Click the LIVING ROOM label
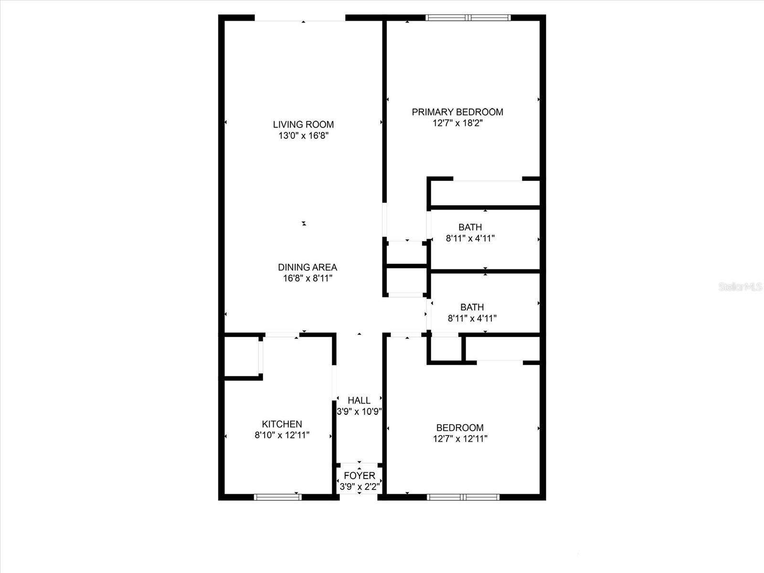[303, 125]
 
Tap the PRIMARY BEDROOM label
[457, 112]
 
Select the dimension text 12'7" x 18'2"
[457, 123]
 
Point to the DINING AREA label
[308, 267]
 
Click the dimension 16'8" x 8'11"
[308, 278]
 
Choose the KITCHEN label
[282, 424]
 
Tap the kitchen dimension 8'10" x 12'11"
[282, 435]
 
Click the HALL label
[359, 401]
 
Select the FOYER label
[360, 476]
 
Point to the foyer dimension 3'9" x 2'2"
[360, 487]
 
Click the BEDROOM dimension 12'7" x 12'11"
[460, 439]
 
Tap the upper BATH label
[470, 227]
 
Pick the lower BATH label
[472, 307]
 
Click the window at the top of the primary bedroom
[468, 18]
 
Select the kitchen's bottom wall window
[278, 497]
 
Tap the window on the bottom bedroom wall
[463, 497]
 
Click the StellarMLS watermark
[740, 287]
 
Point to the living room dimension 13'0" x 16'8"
[303, 136]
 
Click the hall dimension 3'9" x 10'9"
[359, 412]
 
